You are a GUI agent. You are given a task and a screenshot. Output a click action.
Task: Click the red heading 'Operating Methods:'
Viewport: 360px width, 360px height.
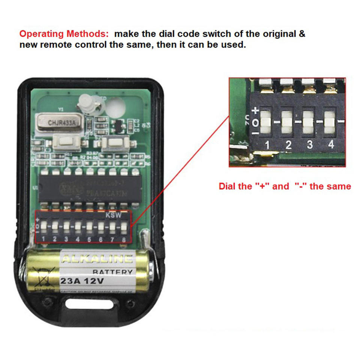64,34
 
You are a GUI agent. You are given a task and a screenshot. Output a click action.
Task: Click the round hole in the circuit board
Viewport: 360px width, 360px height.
115,108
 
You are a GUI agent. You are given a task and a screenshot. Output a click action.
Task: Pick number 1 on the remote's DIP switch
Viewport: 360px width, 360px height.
43,239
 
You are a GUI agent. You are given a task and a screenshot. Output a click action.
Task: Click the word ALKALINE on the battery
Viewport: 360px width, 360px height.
97,259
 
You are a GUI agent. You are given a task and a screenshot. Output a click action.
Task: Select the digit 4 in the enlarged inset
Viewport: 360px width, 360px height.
331,145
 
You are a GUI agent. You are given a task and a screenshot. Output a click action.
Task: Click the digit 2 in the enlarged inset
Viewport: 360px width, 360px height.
288,145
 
